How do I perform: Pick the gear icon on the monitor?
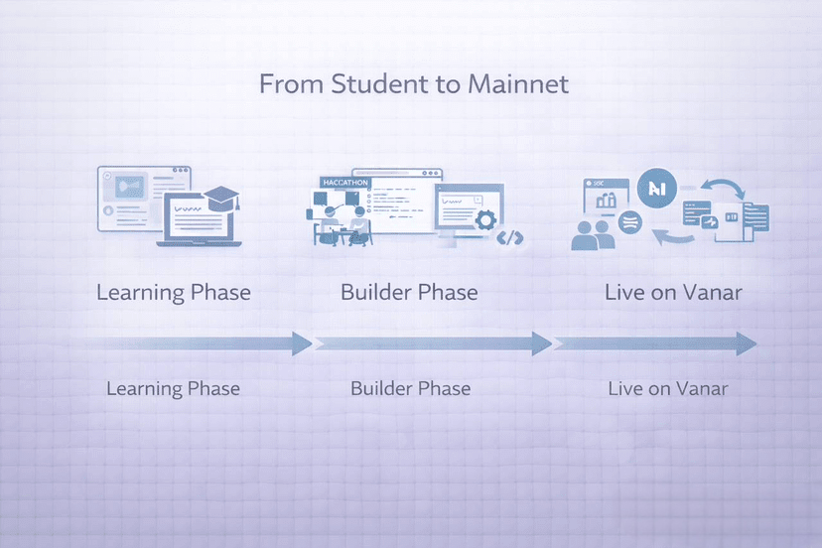tap(485, 220)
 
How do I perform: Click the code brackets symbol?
tap(510, 237)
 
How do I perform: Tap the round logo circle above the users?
tap(655, 188)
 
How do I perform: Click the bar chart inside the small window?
tap(606, 201)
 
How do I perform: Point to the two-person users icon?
tap(596, 235)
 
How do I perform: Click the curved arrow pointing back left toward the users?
tap(675, 236)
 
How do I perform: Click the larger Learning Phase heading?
tap(173, 293)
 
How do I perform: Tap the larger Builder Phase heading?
tap(409, 293)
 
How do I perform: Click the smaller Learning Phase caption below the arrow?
tap(173, 387)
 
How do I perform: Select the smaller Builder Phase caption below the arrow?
tap(410, 387)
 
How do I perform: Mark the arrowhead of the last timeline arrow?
tap(746, 343)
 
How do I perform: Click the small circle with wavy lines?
tap(629, 223)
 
